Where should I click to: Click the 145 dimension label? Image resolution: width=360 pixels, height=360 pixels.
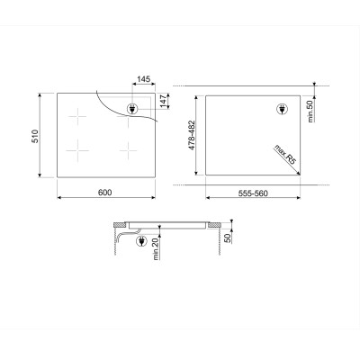click(x=143, y=79)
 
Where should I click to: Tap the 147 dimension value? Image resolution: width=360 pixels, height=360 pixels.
click(x=163, y=101)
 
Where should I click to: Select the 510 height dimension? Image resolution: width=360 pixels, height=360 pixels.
click(x=35, y=136)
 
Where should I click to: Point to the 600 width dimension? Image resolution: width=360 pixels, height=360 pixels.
click(x=104, y=193)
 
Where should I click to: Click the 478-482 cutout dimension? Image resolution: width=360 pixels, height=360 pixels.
click(x=191, y=135)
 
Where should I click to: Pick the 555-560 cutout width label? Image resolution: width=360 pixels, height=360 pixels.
click(x=253, y=193)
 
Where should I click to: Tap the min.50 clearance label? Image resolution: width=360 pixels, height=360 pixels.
click(x=310, y=111)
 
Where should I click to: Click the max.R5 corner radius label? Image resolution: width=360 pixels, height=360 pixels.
click(x=285, y=154)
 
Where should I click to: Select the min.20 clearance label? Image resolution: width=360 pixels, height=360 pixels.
click(x=156, y=249)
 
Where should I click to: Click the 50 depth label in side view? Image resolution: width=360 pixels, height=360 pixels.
click(x=228, y=238)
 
